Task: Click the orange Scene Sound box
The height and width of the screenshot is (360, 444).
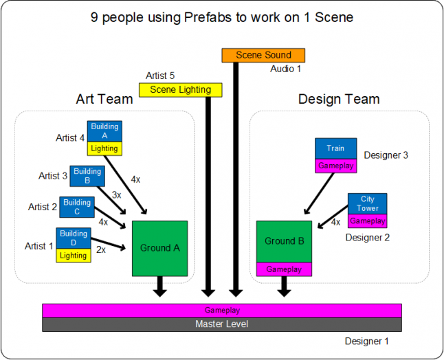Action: tap(263, 55)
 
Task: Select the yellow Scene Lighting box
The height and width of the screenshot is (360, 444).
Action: tap(180, 89)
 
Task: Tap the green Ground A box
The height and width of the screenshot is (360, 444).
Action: tap(159, 248)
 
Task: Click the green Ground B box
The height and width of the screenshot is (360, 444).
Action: tap(285, 241)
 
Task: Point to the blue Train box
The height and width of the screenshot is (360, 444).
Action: tap(335, 148)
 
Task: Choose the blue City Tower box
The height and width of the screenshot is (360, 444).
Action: tap(367, 204)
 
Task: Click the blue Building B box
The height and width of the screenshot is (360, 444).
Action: tap(87, 176)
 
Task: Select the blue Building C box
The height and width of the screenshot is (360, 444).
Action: tap(77, 207)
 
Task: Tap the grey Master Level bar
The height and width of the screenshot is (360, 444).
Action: tap(221, 324)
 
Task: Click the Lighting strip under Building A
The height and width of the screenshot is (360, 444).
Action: tap(104, 148)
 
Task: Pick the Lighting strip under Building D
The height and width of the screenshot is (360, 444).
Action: tap(74, 256)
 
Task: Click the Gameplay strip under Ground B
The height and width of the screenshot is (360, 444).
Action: tap(285, 269)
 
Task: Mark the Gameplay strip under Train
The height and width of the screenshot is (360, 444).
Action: tap(335, 166)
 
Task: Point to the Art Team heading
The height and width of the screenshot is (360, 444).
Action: tap(104, 100)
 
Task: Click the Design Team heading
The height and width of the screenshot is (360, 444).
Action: tap(338, 100)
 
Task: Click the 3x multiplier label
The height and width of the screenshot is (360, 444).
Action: tap(116, 195)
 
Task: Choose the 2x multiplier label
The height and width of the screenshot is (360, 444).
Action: tap(101, 250)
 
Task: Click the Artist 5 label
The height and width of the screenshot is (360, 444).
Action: tap(160, 76)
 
